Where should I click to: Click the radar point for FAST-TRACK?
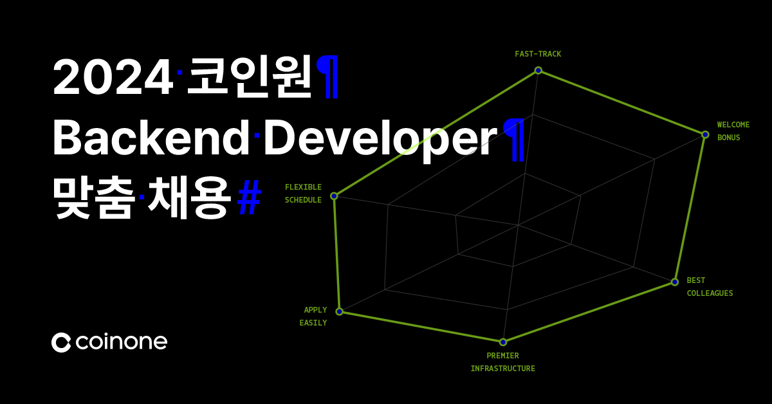click(x=538, y=70)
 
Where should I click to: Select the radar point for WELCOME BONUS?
click(x=705, y=134)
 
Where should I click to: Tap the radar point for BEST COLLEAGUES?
click(x=675, y=282)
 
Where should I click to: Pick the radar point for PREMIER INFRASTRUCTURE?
click(x=503, y=342)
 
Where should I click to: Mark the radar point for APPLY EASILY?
click(x=340, y=312)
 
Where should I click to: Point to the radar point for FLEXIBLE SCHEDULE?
click(x=334, y=196)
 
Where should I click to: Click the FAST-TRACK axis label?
click(x=538, y=54)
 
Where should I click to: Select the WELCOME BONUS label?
click(x=733, y=131)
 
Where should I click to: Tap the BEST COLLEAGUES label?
click(x=710, y=287)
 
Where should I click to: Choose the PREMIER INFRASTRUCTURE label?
click(x=502, y=362)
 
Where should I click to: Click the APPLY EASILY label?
click(x=315, y=317)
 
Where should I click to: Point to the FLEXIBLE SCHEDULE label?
click(x=303, y=194)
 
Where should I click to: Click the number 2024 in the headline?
click(x=113, y=78)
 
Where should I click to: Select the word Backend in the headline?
click(x=150, y=138)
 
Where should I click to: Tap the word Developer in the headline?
click(x=380, y=138)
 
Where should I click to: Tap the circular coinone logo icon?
click(x=61, y=342)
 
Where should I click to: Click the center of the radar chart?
click(x=518, y=225)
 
